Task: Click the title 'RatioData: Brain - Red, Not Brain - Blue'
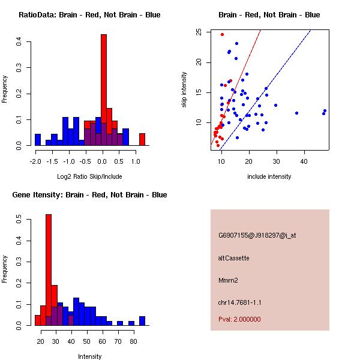tap(89, 15)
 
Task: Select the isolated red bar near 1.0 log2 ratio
tap(142, 139)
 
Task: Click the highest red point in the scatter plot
tap(222, 34)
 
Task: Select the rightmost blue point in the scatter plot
tap(325, 110)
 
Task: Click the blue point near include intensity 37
tap(296, 113)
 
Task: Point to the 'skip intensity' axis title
tap(185, 90)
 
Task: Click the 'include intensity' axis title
tap(269, 176)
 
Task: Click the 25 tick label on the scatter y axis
tap(199, 32)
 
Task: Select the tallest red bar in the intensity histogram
tap(49, 270)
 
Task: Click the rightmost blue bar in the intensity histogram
tap(142, 320)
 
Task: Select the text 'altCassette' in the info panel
tap(233, 258)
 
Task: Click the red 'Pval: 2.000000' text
tap(239, 319)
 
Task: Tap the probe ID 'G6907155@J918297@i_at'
tap(257, 235)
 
